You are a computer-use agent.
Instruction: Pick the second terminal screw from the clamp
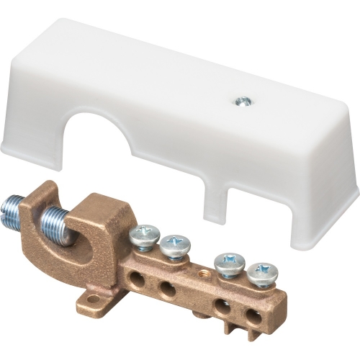click(174, 244)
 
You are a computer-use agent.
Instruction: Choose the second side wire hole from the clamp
click(166, 289)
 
